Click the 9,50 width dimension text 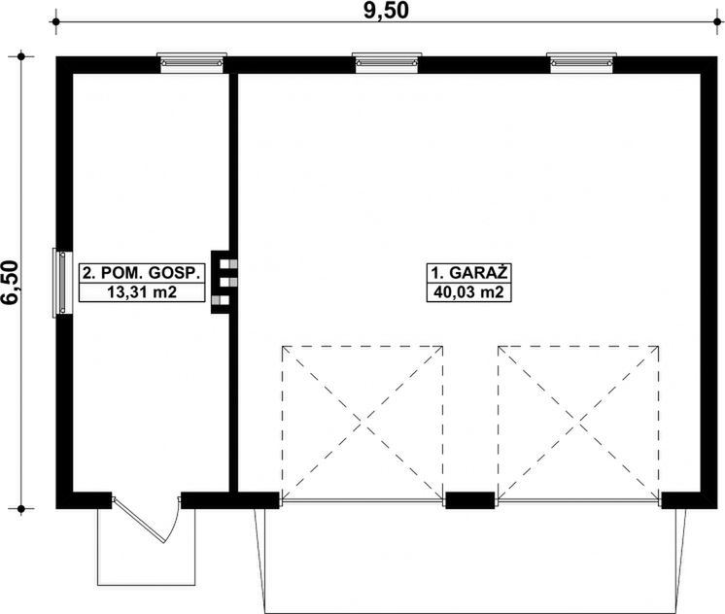(386, 11)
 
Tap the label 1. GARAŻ (469, 272)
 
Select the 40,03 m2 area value (468, 292)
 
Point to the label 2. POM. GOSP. (142, 273)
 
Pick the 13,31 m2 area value (142, 292)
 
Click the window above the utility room (191, 63)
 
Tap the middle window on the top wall (387, 63)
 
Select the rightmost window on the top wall (581, 63)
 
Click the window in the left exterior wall (62, 283)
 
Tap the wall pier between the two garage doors (469, 500)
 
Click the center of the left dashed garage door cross (362, 423)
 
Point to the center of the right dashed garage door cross (578, 423)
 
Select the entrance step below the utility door (146, 547)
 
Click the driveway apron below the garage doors (470, 561)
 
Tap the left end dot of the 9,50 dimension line (56, 21)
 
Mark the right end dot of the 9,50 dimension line (717, 21)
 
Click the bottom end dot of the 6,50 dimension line (21, 509)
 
